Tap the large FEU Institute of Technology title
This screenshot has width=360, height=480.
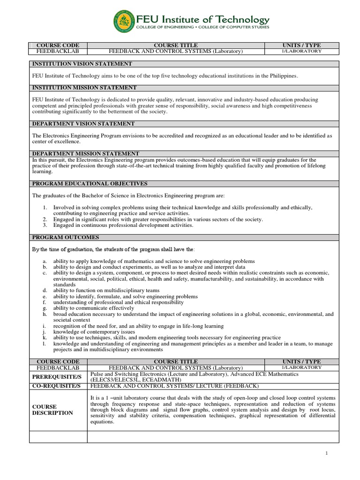pyautogui.click(x=202, y=19)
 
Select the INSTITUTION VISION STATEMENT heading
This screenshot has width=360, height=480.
pyautogui.click(x=82, y=64)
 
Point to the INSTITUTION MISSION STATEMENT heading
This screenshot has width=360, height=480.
pyautogui.click(x=84, y=88)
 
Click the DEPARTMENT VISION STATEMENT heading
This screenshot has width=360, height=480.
pyautogui.click(x=83, y=124)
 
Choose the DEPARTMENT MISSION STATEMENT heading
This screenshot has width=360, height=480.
pyautogui.click(x=85, y=154)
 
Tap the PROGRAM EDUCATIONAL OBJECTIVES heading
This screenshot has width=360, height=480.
pyautogui.click(x=90, y=184)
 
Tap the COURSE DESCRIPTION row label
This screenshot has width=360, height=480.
pyautogui.click(x=52, y=410)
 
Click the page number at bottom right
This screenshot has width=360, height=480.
pyautogui.click(x=327, y=453)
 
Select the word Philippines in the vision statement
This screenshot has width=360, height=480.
pyautogui.click(x=284, y=76)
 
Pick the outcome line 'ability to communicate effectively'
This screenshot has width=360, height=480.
pyautogui.click(x=94, y=308)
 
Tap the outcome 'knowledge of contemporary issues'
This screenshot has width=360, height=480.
pyautogui.click(x=94, y=331)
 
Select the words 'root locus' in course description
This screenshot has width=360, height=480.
pyautogui.click(x=323, y=409)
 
